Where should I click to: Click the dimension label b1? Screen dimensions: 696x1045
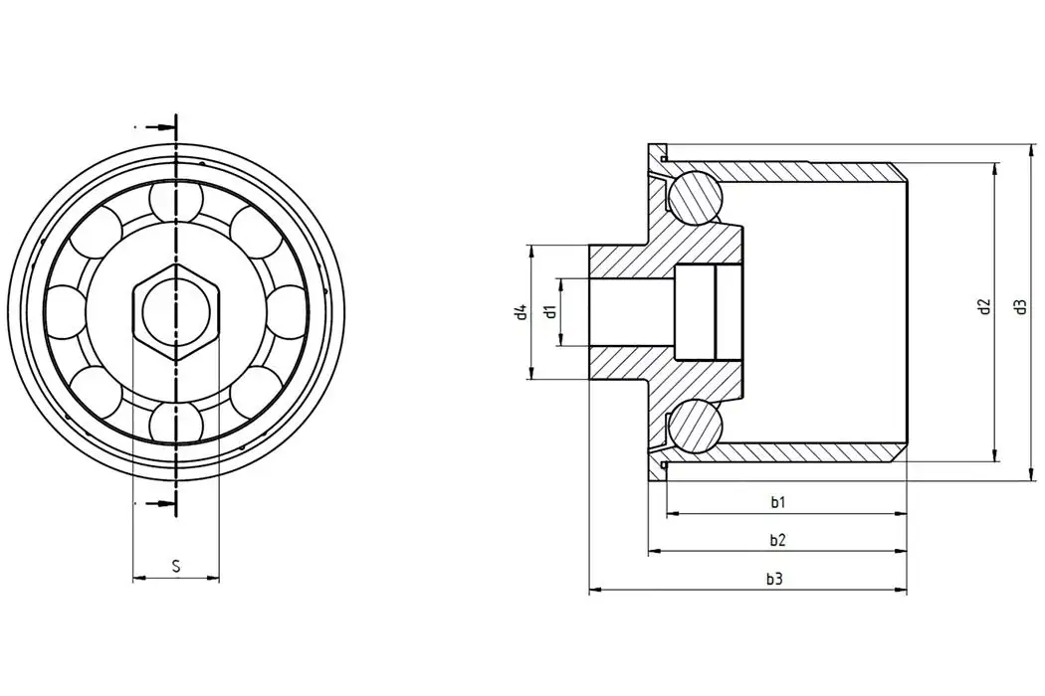[x=778, y=503]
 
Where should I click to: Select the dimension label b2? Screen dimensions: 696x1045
[x=778, y=541]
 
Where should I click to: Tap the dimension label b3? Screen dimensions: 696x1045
[x=774, y=579]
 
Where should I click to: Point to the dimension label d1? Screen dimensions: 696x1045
[x=549, y=312]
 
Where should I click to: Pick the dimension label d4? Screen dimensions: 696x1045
[x=519, y=312]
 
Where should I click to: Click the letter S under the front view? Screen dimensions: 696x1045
[x=176, y=567]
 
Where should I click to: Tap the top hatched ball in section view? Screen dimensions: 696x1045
[x=694, y=196]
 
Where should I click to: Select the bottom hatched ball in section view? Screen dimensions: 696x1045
[x=694, y=427]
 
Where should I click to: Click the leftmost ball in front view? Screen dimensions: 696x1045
[x=67, y=312]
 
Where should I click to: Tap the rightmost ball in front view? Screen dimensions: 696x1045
[x=287, y=312]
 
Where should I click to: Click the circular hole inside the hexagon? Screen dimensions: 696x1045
[x=176, y=312]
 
